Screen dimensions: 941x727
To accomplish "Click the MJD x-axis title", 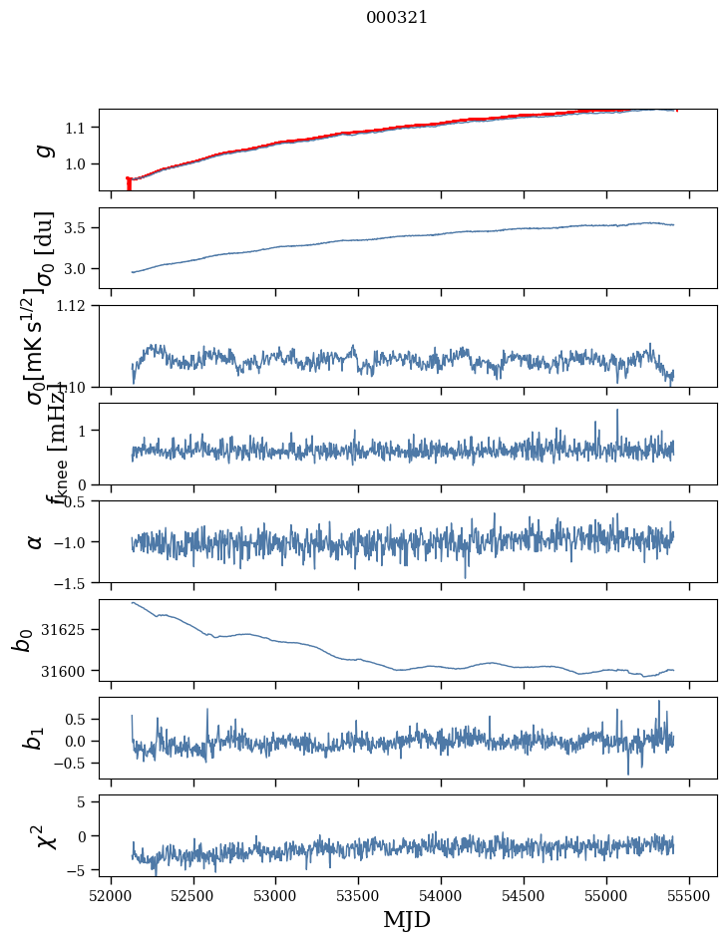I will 407,919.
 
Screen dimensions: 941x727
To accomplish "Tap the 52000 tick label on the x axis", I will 111,895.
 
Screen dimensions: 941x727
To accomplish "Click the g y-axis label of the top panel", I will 41,150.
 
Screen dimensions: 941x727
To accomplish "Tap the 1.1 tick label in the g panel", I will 76,128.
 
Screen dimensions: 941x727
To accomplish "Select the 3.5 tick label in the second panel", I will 76,228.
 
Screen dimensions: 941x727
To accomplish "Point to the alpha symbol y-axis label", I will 35,541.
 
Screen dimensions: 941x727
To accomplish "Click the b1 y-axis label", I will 35,738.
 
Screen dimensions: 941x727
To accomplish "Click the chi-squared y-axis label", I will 43,836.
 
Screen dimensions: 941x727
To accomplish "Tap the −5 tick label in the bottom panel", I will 77,870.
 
